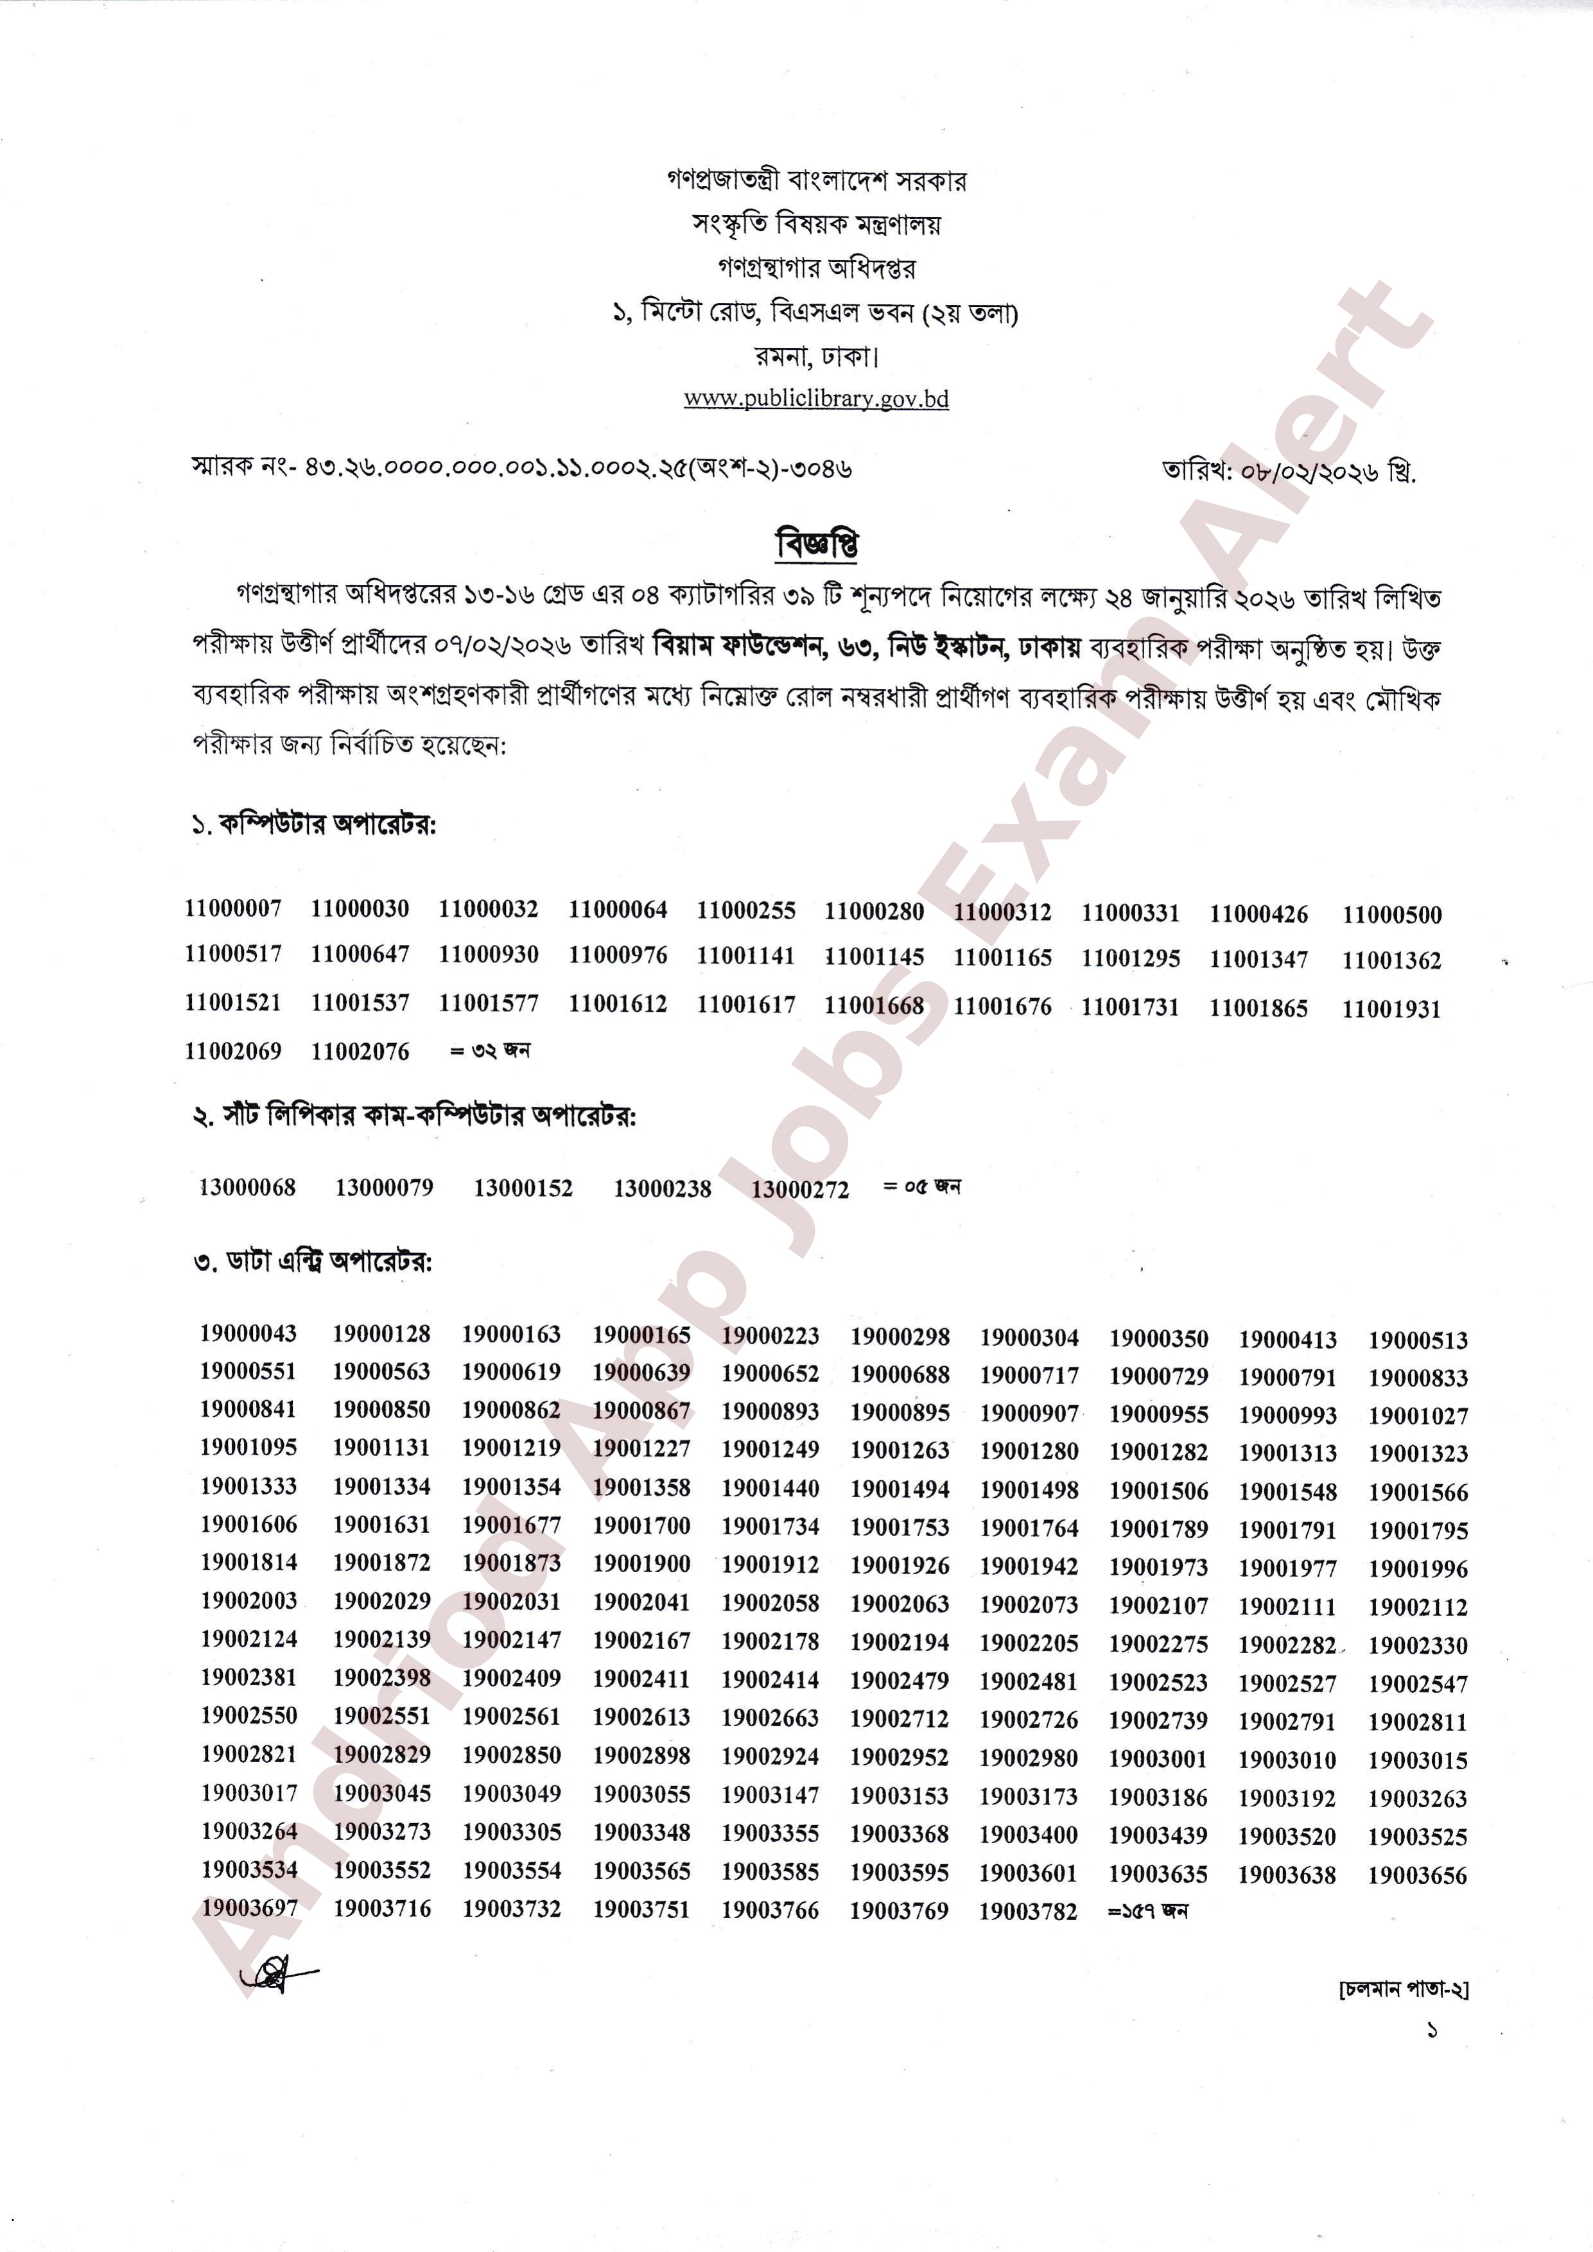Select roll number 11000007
234,908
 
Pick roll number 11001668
873,1005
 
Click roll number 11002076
360,1052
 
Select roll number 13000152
523,1188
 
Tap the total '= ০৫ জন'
921,1187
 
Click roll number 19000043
248,1333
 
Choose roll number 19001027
1418,1416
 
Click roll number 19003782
1028,1910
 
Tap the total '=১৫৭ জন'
1147,1910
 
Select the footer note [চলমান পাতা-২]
1403,1989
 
